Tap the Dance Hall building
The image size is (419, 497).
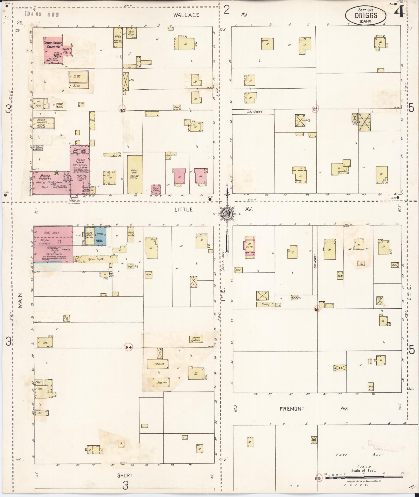[135, 174]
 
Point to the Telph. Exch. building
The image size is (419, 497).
[156, 189]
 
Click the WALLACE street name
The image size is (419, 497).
[186, 15]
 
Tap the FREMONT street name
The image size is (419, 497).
[292, 409]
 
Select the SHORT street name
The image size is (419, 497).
[125, 475]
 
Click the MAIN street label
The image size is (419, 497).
[21, 301]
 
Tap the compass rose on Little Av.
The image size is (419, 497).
[227, 214]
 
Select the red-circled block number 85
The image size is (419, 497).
[315, 109]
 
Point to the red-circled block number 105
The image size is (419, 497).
[318, 478]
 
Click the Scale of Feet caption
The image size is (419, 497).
[363, 470]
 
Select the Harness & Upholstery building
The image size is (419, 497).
[196, 339]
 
